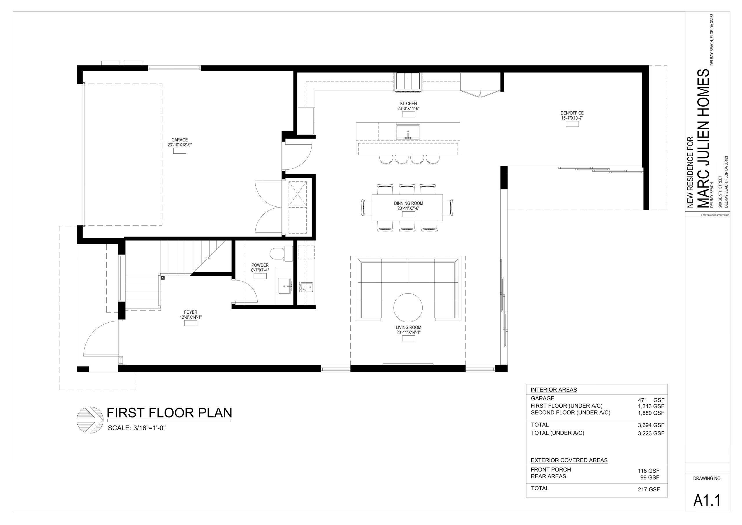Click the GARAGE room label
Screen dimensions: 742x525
tap(179, 140)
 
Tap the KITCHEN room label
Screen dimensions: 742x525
tap(408, 103)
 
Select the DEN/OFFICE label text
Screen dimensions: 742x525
tap(572, 113)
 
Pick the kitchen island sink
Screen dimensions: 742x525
tap(408, 132)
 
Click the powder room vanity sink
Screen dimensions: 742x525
tap(285, 286)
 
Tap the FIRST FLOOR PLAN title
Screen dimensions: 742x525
tap(169, 413)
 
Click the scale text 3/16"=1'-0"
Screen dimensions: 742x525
tap(149, 428)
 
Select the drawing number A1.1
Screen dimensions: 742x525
tap(707, 501)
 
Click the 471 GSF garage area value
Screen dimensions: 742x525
tap(651, 400)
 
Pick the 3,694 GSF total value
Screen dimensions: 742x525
tap(651, 425)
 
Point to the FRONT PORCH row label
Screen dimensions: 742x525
tap(551, 469)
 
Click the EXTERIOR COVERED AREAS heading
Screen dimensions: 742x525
tap(569, 460)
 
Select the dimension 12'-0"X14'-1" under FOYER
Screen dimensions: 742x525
tap(191, 317)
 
